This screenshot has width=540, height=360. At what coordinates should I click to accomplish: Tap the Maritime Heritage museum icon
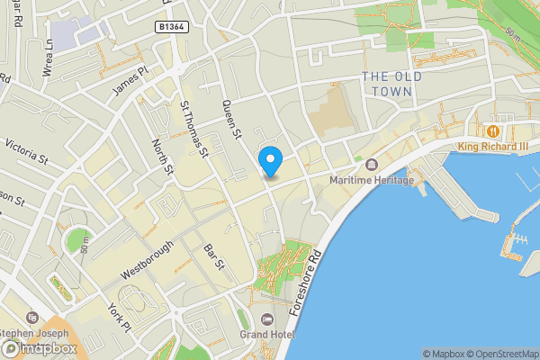pos(372,165)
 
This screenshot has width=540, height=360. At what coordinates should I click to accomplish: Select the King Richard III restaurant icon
pos(492,131)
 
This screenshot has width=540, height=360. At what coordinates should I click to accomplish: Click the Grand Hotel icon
pos(266,319)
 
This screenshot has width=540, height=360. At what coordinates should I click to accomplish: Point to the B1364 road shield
pos(171,28)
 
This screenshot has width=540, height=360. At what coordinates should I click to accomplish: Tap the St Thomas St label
pos(194,129)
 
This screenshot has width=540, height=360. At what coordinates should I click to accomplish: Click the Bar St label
pos(213,256)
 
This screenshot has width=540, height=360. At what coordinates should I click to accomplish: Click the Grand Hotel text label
pos(266,335)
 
